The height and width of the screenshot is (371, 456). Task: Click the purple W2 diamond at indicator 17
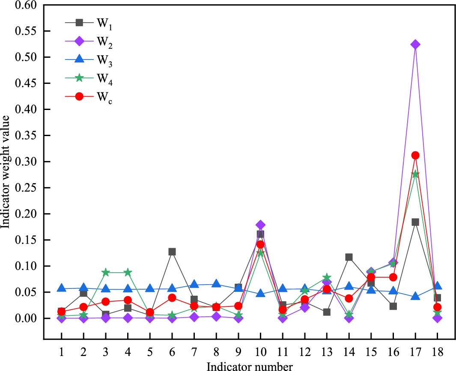point(415,45)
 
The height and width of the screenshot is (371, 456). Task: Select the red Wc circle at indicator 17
point(415,155)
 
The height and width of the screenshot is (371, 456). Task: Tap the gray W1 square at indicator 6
point(172,252)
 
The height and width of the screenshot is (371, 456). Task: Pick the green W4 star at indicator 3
point(106,273)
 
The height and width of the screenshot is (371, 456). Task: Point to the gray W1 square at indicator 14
point(349,257)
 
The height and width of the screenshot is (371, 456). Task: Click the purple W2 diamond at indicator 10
point(260,225)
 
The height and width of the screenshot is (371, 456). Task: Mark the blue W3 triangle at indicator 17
point(415,297)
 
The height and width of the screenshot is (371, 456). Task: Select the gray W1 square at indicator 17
point(415,222)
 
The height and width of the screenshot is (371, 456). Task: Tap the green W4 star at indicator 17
point(415,174)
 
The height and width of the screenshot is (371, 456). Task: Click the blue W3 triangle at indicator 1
point(62,288)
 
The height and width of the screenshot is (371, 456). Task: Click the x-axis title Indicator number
point(250,366)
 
